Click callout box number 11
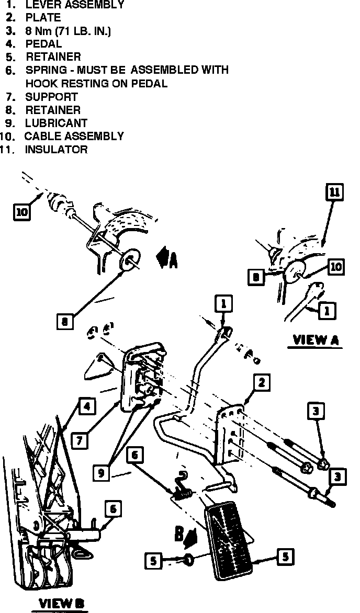pos(334,192)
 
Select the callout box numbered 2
pos(261,383)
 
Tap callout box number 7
pos(79,440)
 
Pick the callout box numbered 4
pos(87,406)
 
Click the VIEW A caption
pos(316,339)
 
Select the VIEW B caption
pos(61,604)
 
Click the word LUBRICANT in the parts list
pos(56,123)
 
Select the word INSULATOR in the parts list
pos(57,150)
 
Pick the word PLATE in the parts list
pos(43,18)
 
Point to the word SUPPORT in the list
pos(51,97)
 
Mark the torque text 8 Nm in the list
pos(42,31)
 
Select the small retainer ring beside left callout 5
pos(188,561)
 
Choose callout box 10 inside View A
pos(336,267)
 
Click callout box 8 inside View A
pos(256,277)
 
